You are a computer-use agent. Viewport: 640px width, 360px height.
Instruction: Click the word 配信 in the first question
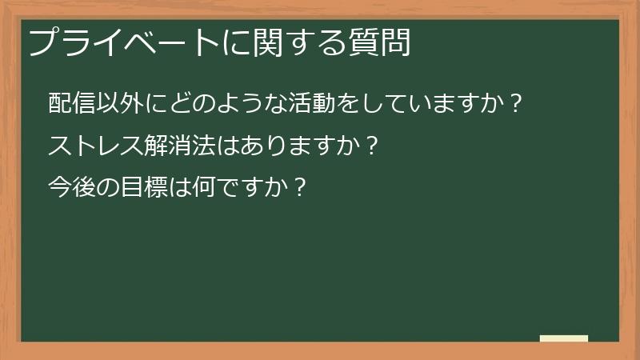coord(71,105)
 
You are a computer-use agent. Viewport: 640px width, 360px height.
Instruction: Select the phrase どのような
coord(216,105)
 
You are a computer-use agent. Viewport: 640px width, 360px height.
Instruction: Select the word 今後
coord(71,189)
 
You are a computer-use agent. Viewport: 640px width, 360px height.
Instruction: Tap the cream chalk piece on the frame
coord(564,338)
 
